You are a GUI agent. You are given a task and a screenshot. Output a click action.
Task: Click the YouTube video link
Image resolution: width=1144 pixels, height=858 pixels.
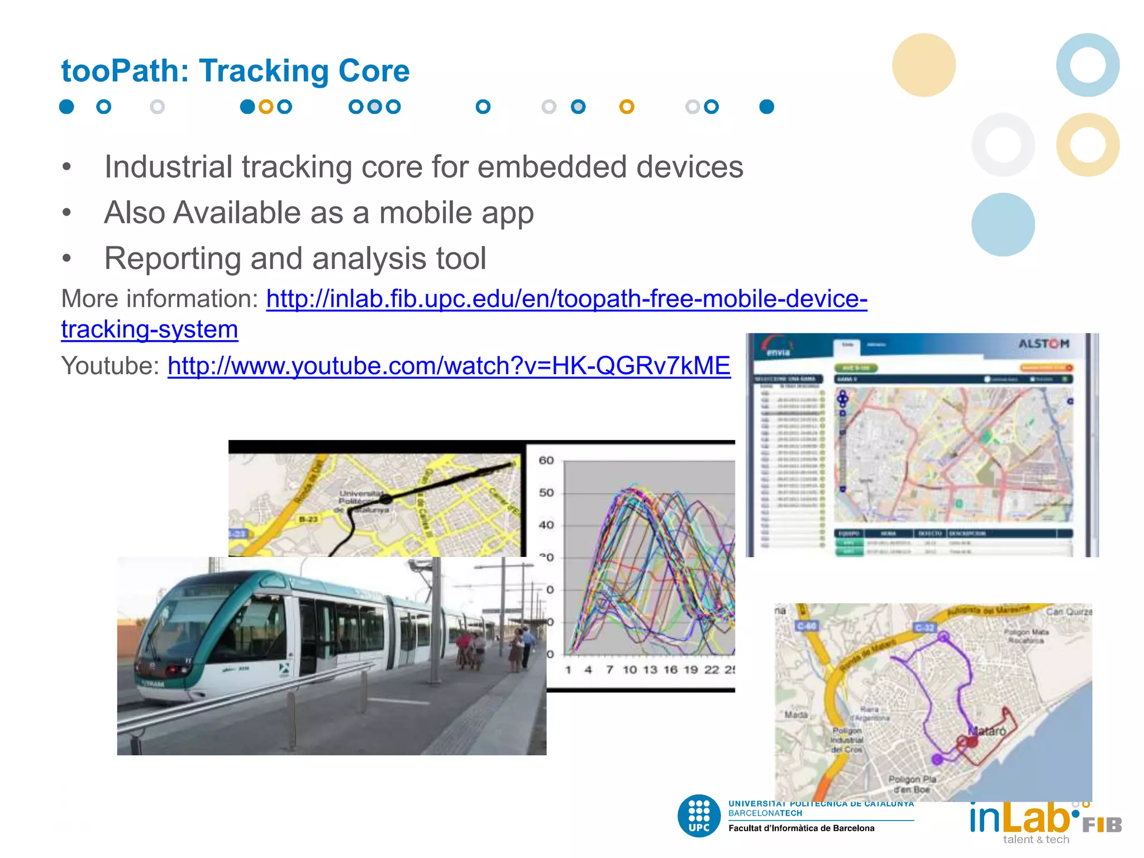tap(449, 366)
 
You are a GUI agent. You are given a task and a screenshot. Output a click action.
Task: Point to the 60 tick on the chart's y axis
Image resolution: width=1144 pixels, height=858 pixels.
tap(546, 461)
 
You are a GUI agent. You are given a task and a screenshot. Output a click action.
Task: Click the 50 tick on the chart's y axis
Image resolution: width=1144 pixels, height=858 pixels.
tap(546, 493)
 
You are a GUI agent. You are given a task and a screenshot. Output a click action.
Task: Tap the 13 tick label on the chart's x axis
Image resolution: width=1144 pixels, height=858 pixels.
tap(650, 670)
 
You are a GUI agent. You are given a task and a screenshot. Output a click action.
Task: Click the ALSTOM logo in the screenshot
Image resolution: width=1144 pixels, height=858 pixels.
tap(1043, 344)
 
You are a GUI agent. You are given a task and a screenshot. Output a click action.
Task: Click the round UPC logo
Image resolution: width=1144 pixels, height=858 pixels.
tap(699, 816)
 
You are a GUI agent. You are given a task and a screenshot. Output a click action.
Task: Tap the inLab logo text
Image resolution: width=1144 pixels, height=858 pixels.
tap(1019, 818)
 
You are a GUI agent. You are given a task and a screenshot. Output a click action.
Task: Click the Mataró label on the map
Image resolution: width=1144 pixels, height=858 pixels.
tap(987, 731)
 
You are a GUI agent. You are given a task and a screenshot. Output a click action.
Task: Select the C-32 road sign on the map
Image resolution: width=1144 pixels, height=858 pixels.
tap(924, 628)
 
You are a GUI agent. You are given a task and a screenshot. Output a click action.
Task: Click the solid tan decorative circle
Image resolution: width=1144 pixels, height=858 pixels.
tap(924, 65)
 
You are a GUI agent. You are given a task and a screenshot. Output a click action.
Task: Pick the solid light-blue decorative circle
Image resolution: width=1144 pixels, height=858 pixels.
tap(1003, 225)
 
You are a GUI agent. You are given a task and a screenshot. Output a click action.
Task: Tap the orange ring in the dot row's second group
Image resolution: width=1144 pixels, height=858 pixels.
tap(266, 107)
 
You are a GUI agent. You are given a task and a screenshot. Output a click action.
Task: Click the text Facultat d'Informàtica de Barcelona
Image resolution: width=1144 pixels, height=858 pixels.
tap(801, 828)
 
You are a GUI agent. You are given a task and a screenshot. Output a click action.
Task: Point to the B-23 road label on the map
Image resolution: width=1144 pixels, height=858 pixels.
tap(308, 519)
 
